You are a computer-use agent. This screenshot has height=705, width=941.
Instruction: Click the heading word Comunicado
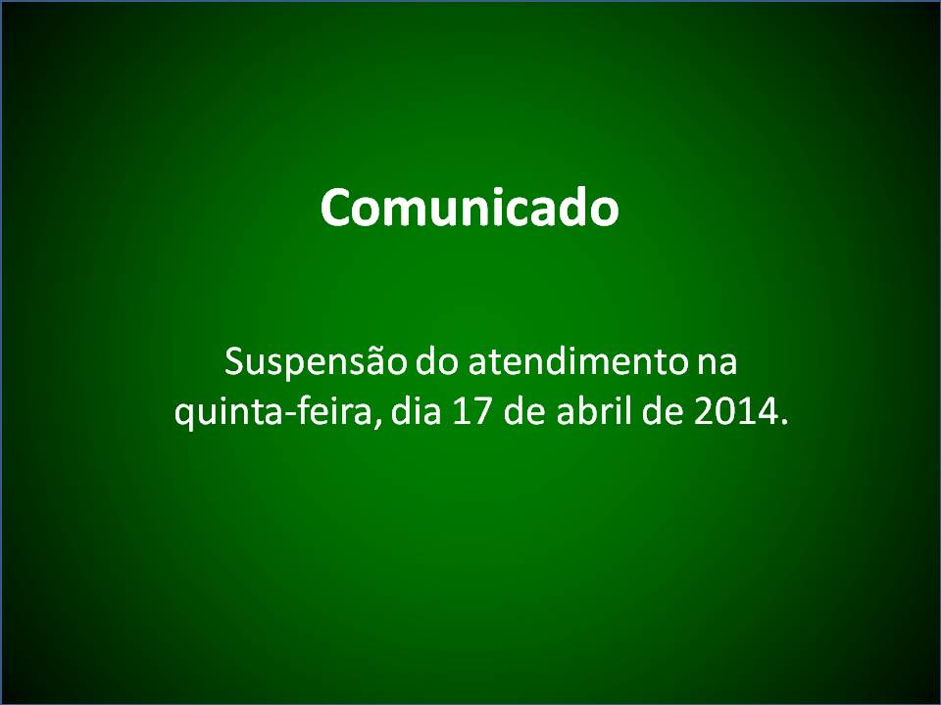point(470,207)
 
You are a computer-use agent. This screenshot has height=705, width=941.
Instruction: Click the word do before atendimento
point(437,362)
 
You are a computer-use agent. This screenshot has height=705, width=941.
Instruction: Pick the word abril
point(594,412)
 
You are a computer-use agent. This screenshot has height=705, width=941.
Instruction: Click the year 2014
point(732,413)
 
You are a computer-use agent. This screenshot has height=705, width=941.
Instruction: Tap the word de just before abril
point(525,412)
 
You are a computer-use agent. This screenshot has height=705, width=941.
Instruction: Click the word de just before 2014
point(663,412)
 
